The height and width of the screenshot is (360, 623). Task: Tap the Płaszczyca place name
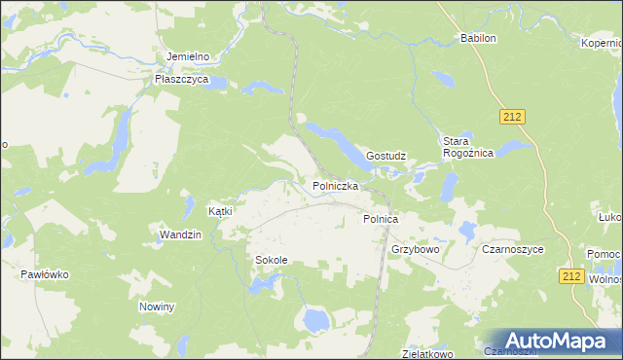pyautogui.click(x=182, y=80)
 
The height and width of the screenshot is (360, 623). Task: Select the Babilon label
pyautogui.click(x=478, y=39)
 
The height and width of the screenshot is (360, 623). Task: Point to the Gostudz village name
pyautogui.click(x=385, y=156)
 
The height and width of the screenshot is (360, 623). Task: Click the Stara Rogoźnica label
pyautogui.click(x=468, y=147)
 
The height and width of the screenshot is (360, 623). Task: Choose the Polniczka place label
pyautogui.click(x=336, y=185)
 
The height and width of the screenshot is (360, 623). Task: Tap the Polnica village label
pyautogui.click(x=381, y=220)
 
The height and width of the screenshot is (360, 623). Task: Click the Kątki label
pyautogui.click(x=221, y=211)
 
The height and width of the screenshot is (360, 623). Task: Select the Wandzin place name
pyautogui.click(x=180, y=234)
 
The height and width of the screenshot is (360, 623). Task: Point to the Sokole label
pyautogui.click(x=272, y=261)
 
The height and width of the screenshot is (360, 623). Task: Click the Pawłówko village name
pyautogui.click(x=45, y=275)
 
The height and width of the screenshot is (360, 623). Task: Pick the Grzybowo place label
pyautogui.click(x=416, y=249)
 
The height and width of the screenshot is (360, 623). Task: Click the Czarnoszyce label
pyautogui.click(x=513, y=249)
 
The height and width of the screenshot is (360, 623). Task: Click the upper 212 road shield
pyautogui.click(x=514, y=117)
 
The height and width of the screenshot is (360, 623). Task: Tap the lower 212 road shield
pyautogui.click(x=572, y=277)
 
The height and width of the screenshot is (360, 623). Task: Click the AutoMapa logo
pyautogui.click(x=551, y=341)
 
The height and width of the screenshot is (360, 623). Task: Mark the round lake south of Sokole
pyautogui.click(x=313, y=319)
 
